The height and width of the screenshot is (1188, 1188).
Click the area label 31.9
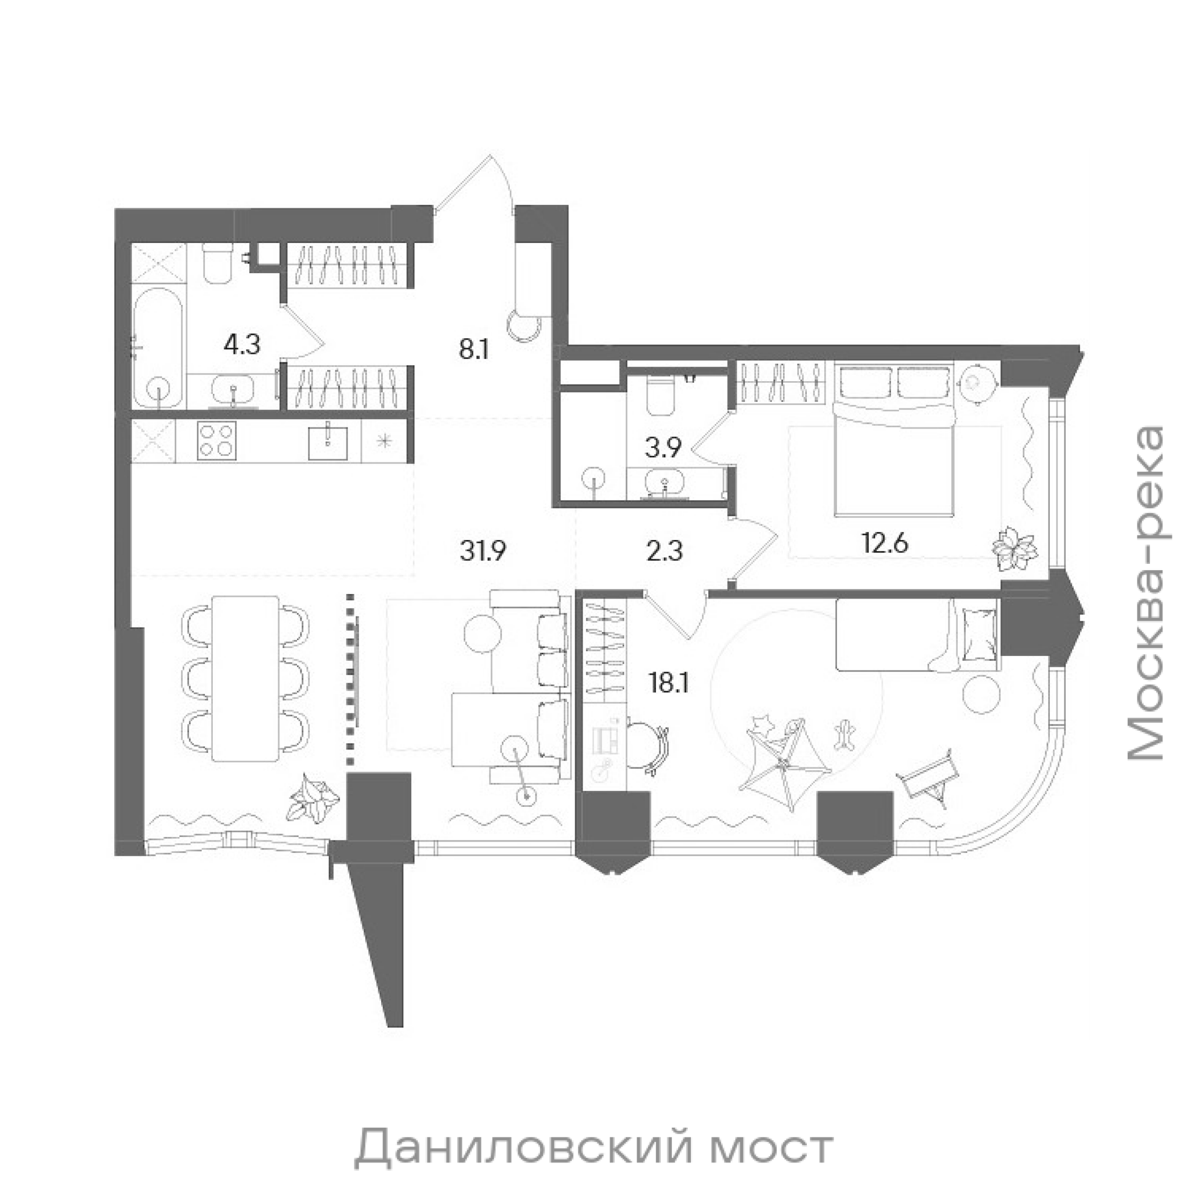[x=483, y=552]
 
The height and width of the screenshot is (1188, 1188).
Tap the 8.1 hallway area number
[x=473, y=350]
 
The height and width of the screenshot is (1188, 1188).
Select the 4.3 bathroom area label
[x=242, y=346]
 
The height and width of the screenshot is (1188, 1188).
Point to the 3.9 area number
[x=663, y=449]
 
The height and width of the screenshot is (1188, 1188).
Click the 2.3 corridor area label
[x=665, y=552]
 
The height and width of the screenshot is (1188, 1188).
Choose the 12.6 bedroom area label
[x=885, y=544]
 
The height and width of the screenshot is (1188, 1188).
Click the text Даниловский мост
[x=593, y=1094]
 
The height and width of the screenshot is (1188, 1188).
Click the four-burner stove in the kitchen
[x=216, y=440]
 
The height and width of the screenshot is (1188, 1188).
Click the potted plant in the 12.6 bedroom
[x=1015, y=546]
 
